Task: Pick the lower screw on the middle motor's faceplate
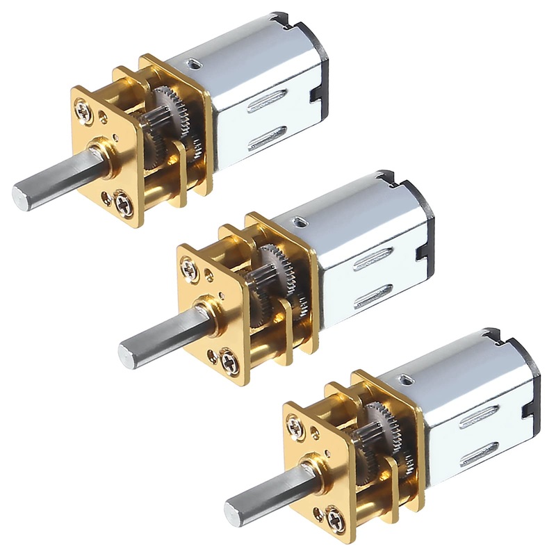(229, 360)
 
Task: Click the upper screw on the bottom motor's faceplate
(295, 423)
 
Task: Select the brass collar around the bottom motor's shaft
(310, 464)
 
